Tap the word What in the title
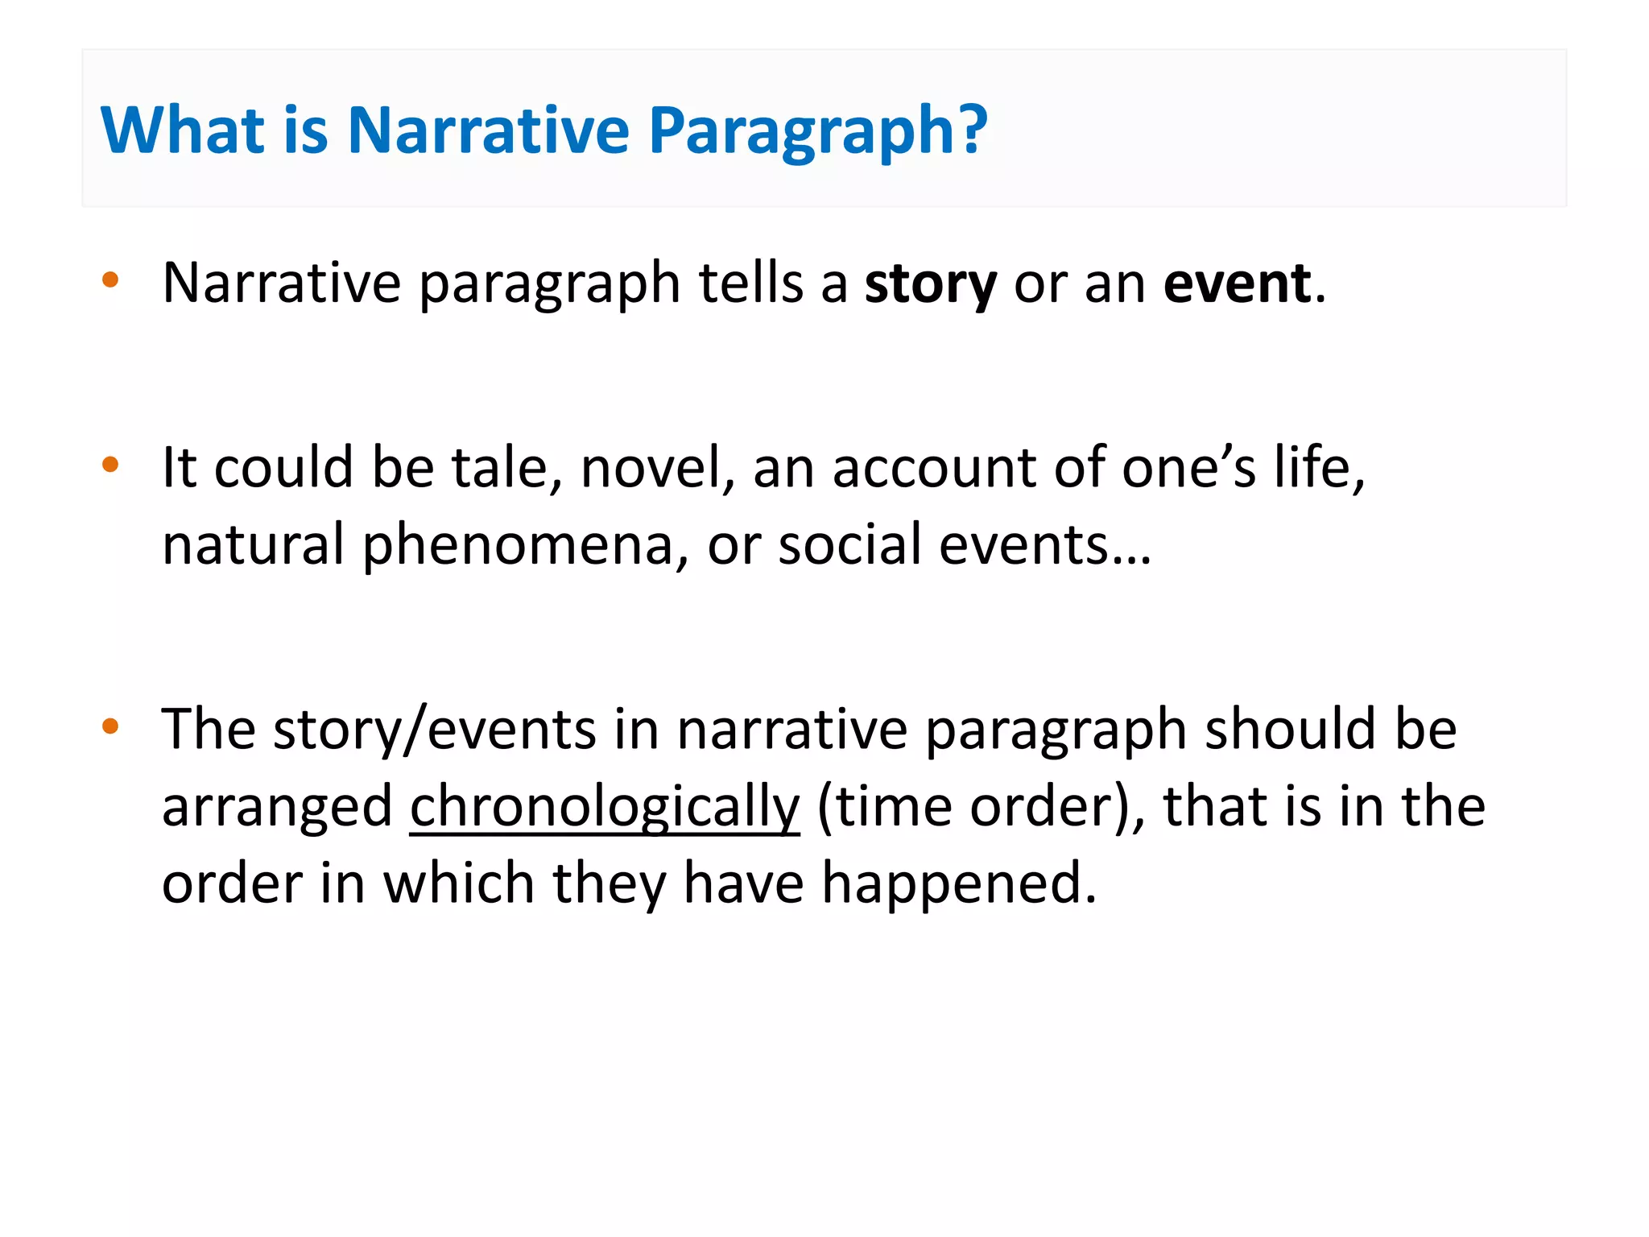[x=182, y=130]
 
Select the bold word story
[x=930, y=284]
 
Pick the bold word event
[x=1237, y=284]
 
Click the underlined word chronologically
[x=605, y=807]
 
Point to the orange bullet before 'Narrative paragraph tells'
[x=110, y=280]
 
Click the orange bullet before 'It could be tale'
[x=110, y=464]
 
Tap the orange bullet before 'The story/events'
[x=110, y=726]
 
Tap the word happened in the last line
[x=958, y=884]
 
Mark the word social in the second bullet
[x=849, y=546]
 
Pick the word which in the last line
[x=458, y=884]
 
